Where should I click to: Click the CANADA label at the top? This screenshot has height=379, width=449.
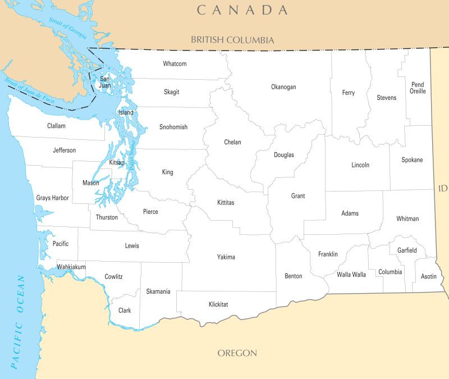pos(242,10)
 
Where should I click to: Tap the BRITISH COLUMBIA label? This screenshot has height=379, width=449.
pos(232,40)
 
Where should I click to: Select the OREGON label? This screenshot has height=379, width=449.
pos(237,353)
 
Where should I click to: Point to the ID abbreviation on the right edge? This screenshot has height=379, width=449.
pos(442,188)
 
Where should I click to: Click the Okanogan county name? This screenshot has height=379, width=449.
pos(283,87)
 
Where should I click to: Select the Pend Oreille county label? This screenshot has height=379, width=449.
pos(418,88)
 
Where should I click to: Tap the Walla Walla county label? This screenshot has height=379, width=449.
pos(351,275)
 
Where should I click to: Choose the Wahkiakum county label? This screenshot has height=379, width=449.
pos(71,267)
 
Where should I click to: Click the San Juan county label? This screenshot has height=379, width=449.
pos(105,83)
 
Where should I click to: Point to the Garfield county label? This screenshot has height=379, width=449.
pos(407,250)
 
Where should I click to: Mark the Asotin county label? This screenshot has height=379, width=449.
pos(428,276)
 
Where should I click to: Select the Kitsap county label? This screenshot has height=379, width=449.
pos(117,162)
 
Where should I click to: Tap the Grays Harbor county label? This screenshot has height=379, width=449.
pos(52,198)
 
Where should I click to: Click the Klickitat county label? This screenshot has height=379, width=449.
pos(218,304)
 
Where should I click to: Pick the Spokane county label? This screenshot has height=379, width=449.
pos(412,160)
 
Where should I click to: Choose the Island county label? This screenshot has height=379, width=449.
pos(126,113)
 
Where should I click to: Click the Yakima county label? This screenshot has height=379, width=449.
pos(226,257)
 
